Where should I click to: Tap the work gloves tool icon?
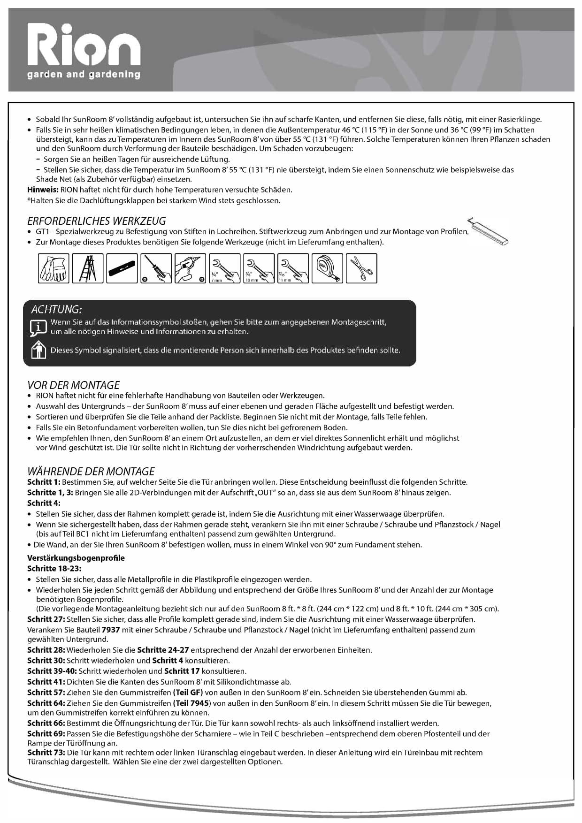pos(54,268)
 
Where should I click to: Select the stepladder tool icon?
pos(88,268)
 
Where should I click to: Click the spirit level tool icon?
pos(122,268)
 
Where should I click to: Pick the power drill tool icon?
pos(190,268)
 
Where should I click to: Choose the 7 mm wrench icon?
pos(224,268)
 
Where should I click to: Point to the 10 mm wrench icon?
pos(259,268)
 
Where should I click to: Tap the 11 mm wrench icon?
pos(293,268)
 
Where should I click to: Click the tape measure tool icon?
pos(327,268)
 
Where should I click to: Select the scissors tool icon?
pos(361,268)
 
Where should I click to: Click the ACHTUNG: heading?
pos(56,309)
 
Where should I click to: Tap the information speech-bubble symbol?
pos(38,327)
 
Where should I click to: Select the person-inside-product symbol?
pos(38,350)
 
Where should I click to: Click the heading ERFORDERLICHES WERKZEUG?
pos(97,221)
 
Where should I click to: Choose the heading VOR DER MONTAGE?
pos(74,385)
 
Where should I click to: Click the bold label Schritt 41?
pos(46,682)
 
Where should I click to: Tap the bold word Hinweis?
pos(43,190)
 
